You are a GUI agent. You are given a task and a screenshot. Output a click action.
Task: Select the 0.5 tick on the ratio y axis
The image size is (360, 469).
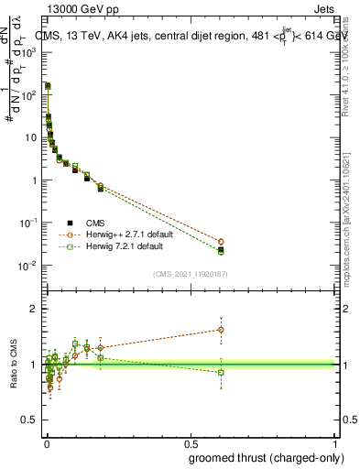(30, 420)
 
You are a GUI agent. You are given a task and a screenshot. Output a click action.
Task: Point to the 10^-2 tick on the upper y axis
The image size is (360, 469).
(27, 266)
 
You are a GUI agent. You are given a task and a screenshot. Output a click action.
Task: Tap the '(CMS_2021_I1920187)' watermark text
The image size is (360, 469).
(191, 274)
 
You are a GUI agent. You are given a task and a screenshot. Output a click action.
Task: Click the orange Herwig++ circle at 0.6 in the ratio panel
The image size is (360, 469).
(220, 330)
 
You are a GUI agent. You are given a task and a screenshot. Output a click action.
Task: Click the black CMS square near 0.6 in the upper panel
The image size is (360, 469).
(220, 249)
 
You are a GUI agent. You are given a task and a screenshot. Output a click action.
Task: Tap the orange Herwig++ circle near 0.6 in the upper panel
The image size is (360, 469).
(220, 242)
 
